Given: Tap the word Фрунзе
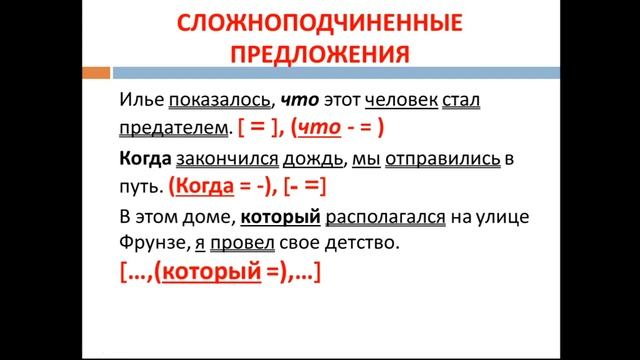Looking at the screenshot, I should (x=147, y=242).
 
